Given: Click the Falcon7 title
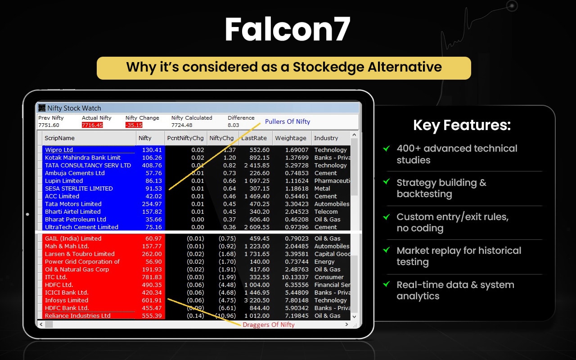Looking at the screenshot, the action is pyautogui.click(x=287, y=29).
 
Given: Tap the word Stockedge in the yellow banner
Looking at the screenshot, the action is pyautogui.click(x=328, y=67).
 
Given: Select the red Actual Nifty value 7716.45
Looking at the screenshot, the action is pyautogui.click(x=92, y=125).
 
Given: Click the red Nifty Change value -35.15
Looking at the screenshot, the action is pyautogui.click(x=134, y=125).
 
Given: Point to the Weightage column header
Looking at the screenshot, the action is pyautogui.click(x=291, y=138).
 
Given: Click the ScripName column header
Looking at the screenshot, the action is pyautogui.click(x=59, y=138).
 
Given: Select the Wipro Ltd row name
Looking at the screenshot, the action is pyautogui.click(x=59, y=150).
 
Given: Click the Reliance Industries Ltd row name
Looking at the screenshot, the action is pyautogui.click(x=78, y=315).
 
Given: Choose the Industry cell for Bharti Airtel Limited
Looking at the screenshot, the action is pyautogui.click(x=326, y=211).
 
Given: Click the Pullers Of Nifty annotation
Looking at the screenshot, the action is pyautogui.click(x=288, y=121).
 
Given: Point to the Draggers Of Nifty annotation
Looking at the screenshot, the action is pyautogui.click(x=269, y=324).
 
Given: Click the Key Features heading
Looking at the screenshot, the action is pyautogui.click(x=462, y=125).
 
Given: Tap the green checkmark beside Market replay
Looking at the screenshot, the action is pyautogui.click(x=386, y=250).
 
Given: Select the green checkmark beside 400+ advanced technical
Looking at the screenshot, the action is pyautogui.click(x=386, y=148).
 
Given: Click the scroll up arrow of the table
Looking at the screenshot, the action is pyautogui.click(x=354, y=135).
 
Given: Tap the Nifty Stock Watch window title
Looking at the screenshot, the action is pyautogui.click(x=74, y=108).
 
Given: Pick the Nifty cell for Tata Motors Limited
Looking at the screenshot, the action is pyautogui.click(x=152, y=204).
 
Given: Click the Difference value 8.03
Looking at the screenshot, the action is pyautogui.click(x=233, y=125).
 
